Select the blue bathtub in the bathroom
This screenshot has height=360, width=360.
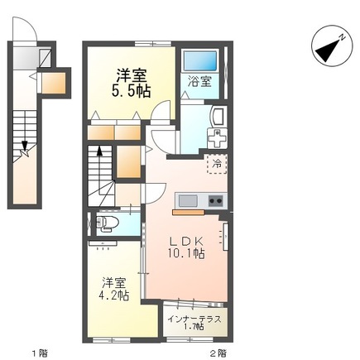pyautogui.click(x=199, y=61)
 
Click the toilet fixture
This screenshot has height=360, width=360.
pyautogui.click(x=108, y=223)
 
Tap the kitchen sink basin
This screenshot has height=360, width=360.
pyautogui.click(x=187, y=200)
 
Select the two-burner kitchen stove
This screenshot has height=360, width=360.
pyautogui.click(x=215, y=200)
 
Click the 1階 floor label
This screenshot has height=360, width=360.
pyautogui.click(x=38, y=353)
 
